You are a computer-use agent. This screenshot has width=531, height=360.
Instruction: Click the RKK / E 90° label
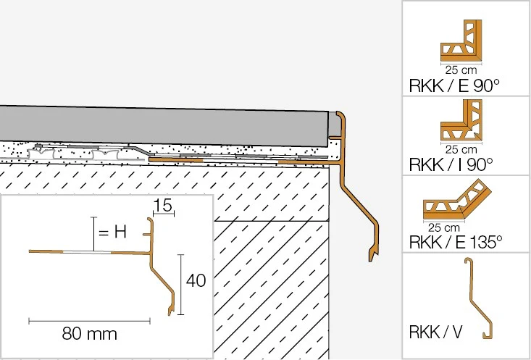[454, 85]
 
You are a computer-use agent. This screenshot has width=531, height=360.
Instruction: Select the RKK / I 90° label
[451, 165]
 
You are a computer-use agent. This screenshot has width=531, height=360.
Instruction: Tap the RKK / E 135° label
[456, 242]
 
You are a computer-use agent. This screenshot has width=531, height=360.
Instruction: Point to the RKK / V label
[435, 332]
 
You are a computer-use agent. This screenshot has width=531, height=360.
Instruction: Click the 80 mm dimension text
[90, 334]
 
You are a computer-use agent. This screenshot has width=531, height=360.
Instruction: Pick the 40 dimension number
[196, 281]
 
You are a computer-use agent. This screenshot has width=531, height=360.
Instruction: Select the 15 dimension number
[163, 205]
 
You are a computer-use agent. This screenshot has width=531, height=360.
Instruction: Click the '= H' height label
[112, 233]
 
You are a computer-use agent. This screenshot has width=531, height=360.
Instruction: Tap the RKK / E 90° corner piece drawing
[461, 41]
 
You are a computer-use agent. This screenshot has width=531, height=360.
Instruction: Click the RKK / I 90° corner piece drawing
[461, 120]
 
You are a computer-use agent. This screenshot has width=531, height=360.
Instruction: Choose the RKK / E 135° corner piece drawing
[457, 199]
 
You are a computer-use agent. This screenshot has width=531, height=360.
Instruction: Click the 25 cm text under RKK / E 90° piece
[461, 70]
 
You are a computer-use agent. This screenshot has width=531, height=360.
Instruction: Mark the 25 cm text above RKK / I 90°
[461, 149]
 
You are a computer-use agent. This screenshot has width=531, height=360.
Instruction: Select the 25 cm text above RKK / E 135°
[444, 227]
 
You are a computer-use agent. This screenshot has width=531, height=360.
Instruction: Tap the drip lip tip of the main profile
[370, 260]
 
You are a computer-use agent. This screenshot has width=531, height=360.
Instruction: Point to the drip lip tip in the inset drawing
[170, 314]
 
